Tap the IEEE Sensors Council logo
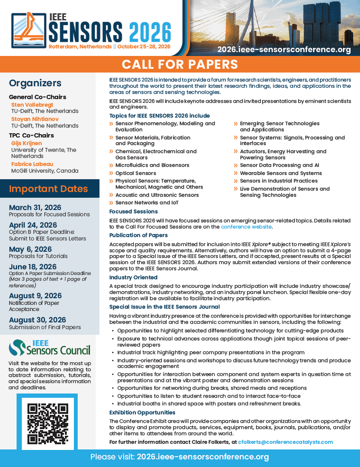click(x=49, y=348)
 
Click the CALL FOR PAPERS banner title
click(x=180, y=64)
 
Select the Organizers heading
click(x=35, y=83)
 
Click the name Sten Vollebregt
click(x=32, y=105)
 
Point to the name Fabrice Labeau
click(x=32, y=164)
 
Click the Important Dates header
click(x=48, y=189)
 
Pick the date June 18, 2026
click(x=33, y=267)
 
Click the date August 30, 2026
click(x=37, y=320)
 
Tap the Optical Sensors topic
click(x=135, y=173)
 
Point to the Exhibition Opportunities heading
click(x=142, y=412)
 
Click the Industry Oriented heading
click(x=133, y=277)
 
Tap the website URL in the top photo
click(x=284, y=49)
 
